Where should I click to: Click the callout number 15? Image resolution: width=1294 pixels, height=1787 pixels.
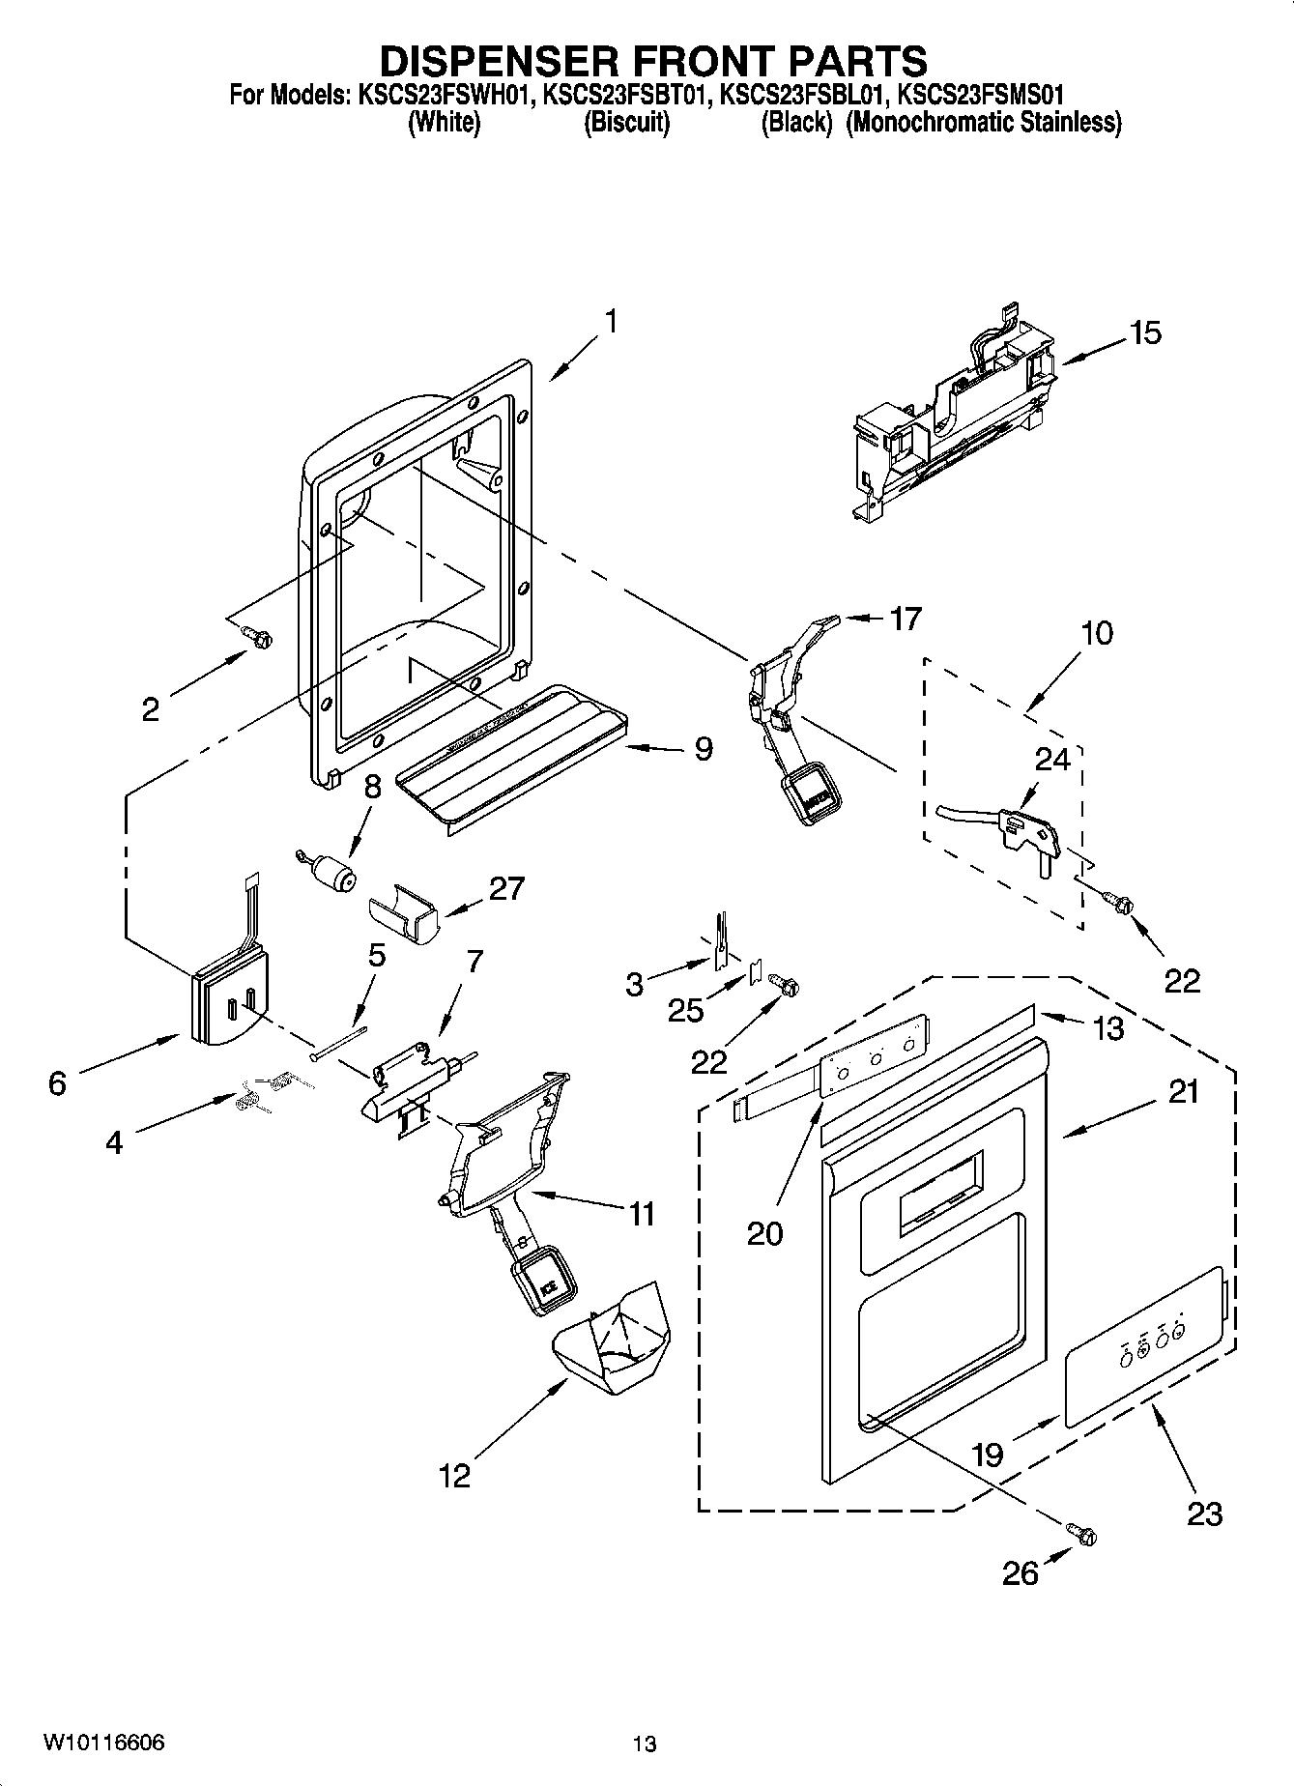(1145, 333)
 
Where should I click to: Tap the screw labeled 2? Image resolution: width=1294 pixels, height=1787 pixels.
(257, 635)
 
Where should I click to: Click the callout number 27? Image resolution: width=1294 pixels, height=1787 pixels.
(506, 888)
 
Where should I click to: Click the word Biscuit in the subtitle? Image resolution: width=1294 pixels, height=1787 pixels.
(626, 123)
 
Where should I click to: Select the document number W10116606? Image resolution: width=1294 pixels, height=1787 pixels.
(103, 1742)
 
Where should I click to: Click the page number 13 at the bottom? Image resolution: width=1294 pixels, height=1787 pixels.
(645, 1744)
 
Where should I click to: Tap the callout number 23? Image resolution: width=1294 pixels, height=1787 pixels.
(1204, 1513)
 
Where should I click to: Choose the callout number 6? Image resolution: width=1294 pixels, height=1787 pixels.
(57, 1083)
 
